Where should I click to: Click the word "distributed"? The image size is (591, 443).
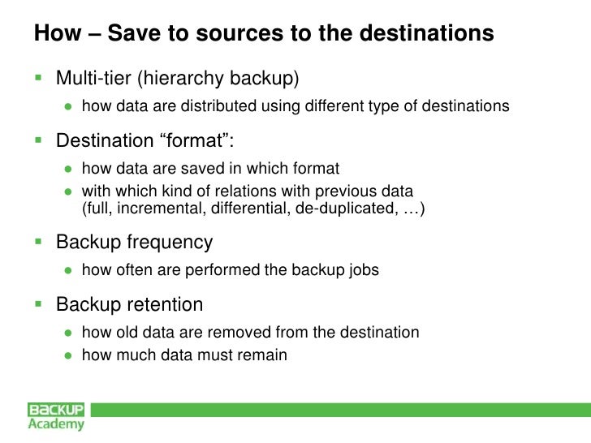pos(211,105)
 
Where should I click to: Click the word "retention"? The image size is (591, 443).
pos(166,305)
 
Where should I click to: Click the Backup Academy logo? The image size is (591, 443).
pos(56,415)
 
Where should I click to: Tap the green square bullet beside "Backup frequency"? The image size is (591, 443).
pos(37,242)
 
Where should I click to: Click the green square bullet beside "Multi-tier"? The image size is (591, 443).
pos(37,78)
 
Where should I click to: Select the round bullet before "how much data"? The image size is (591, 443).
pos(70,355)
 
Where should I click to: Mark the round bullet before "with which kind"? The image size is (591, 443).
pos(70,191)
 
